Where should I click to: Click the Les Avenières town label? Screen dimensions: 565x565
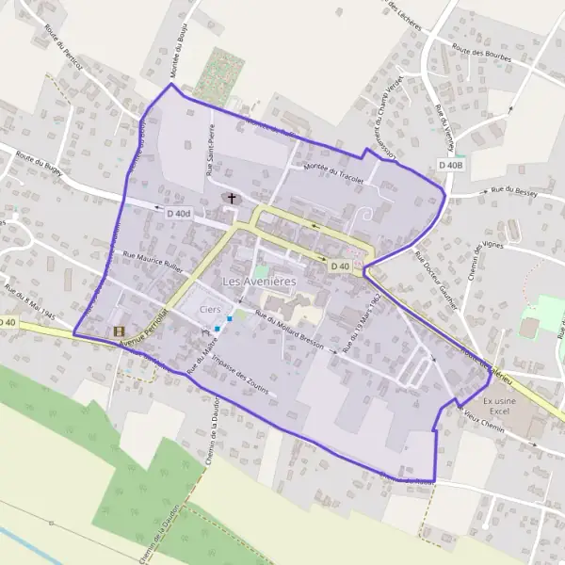point(258,282)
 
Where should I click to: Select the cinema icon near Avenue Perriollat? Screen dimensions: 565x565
point(119,331)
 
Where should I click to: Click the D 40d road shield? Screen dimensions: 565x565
point(178,214)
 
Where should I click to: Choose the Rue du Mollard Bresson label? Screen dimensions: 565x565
point(288,331)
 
